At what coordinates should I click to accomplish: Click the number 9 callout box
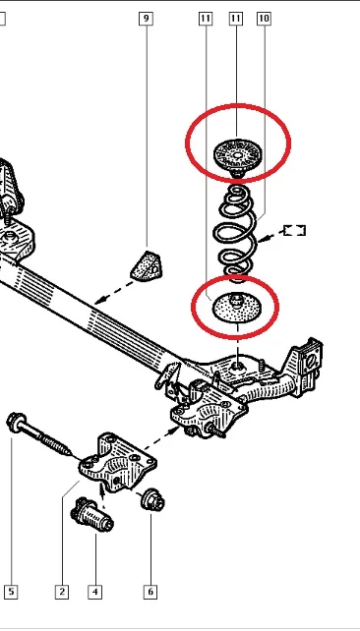pos(146,19)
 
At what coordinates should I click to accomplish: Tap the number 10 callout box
pos(264,19)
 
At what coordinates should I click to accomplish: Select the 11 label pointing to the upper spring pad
pos(236,19)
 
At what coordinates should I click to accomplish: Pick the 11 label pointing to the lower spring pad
pos(206,19)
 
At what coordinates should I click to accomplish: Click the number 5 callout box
pos(11,592)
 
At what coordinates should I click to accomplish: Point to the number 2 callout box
pos(62,592)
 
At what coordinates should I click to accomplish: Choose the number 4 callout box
pos(95,592)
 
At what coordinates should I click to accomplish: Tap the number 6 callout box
pos(150,592)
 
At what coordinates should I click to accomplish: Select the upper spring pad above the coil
pos(238,157)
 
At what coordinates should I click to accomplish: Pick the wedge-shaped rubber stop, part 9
pos(147,265)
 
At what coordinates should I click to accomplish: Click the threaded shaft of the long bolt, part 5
pos(47,439)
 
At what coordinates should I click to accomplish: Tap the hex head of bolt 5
pos(16,422)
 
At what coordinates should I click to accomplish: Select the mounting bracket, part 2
pos(118,462)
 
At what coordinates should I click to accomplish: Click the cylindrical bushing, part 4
pos(91,515)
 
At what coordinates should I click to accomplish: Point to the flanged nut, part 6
pos(152,500)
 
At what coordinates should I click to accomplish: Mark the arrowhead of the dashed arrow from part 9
pos(97,301)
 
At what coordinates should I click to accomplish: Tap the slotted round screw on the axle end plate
pos(311,362)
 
